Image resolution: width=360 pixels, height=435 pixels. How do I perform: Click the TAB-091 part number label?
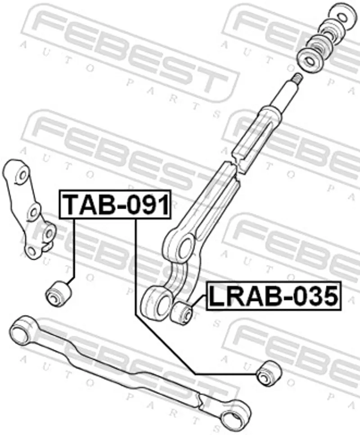(x=115, y=204)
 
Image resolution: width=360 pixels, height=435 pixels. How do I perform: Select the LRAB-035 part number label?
(x=273, y=296)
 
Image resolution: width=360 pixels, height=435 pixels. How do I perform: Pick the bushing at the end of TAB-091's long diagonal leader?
(x=268, y=373)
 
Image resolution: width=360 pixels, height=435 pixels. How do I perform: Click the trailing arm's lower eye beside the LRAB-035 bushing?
(x=155, y=304)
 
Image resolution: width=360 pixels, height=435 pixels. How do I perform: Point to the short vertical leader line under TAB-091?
(x=74, y=248)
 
